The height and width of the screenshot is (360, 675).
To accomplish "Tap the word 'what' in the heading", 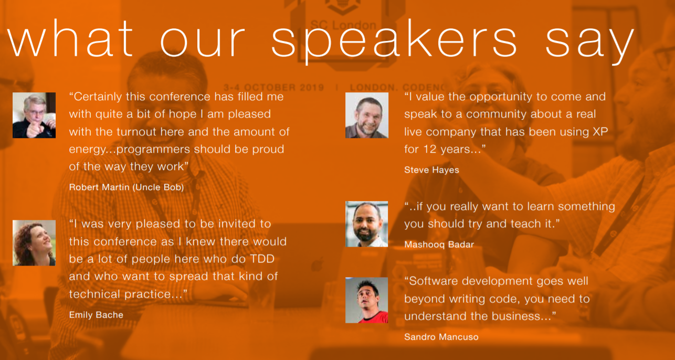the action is click(x=70, y=38).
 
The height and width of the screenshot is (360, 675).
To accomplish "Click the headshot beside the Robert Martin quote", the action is click(x=34, y=115).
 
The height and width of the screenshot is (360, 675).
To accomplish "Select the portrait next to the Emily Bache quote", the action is click(x=34, y=243).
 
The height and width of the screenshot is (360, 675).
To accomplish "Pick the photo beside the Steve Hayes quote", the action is click(x=367, y=115).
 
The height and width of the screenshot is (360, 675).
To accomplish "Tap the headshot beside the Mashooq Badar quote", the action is click(x=367, y=224).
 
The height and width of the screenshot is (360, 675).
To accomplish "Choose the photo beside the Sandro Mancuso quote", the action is click(x=367, y=300).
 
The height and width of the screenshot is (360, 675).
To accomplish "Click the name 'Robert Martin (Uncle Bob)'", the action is click(x=126, y=187).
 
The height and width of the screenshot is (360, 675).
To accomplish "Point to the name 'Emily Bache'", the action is click(x=96, y=315).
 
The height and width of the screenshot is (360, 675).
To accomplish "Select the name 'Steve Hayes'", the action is click(x=431, y=170).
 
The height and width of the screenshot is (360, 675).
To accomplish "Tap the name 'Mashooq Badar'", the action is click(x=439, y=245).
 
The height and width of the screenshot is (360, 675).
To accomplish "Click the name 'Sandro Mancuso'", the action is click(x=441, y=337).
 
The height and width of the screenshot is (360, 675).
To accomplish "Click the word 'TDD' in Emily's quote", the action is click(x=262, y=259).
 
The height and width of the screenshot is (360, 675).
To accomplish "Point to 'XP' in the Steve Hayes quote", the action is click(x=600, y=132).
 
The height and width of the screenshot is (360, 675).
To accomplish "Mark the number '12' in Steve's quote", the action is click(x=430, y=150).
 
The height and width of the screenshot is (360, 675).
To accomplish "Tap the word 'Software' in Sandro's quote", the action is click(x=434, y=281).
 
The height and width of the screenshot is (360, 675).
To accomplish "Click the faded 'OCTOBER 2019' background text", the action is click(x=283, y=88).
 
